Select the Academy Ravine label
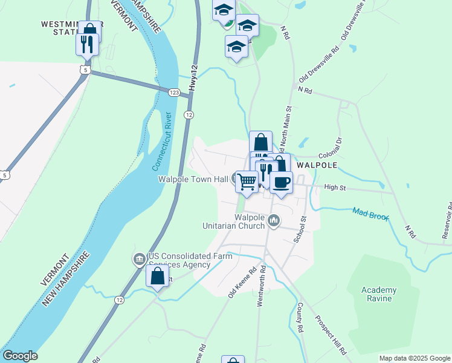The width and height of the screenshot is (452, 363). tap(379, 294)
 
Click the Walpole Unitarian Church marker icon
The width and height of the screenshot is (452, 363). tap(274, 221)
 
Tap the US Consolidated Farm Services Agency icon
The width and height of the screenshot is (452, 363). tap(139, 260)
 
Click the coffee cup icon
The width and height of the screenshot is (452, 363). tap(280, 182)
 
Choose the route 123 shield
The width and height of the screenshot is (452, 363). tap(174, 92)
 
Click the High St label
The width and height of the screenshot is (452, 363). tap(334, 188)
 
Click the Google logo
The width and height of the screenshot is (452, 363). tap(20, 356)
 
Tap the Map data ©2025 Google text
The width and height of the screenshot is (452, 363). tap(413, 358)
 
